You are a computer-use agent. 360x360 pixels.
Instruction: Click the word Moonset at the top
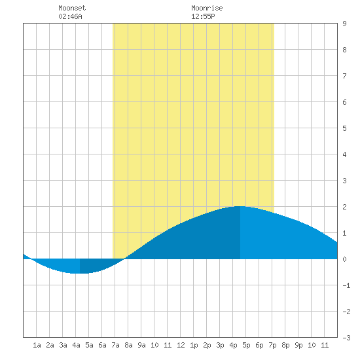72,8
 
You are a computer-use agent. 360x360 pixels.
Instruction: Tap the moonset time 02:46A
70,16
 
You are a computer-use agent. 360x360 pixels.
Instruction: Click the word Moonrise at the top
207,8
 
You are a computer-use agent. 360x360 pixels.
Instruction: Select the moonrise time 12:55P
203,16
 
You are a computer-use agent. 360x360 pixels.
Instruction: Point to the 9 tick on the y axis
344,24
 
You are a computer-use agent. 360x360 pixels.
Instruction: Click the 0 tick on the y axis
344,259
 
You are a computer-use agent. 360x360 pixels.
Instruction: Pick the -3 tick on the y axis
346,338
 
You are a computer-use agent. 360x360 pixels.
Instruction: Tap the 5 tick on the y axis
344,128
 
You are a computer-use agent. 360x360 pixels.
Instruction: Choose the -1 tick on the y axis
346,285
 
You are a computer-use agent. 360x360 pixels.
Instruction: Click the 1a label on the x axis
37,345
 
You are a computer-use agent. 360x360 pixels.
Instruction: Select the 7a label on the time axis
115,345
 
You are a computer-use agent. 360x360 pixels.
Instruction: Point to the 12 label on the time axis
181,345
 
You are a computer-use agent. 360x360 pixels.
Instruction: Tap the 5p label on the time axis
246,345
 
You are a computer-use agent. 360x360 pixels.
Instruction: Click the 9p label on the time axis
298,345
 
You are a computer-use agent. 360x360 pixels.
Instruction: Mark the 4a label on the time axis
76,345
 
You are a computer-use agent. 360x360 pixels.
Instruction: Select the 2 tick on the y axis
344,207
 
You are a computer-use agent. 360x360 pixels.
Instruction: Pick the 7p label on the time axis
272,345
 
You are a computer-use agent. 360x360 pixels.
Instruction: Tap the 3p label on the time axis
220,345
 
